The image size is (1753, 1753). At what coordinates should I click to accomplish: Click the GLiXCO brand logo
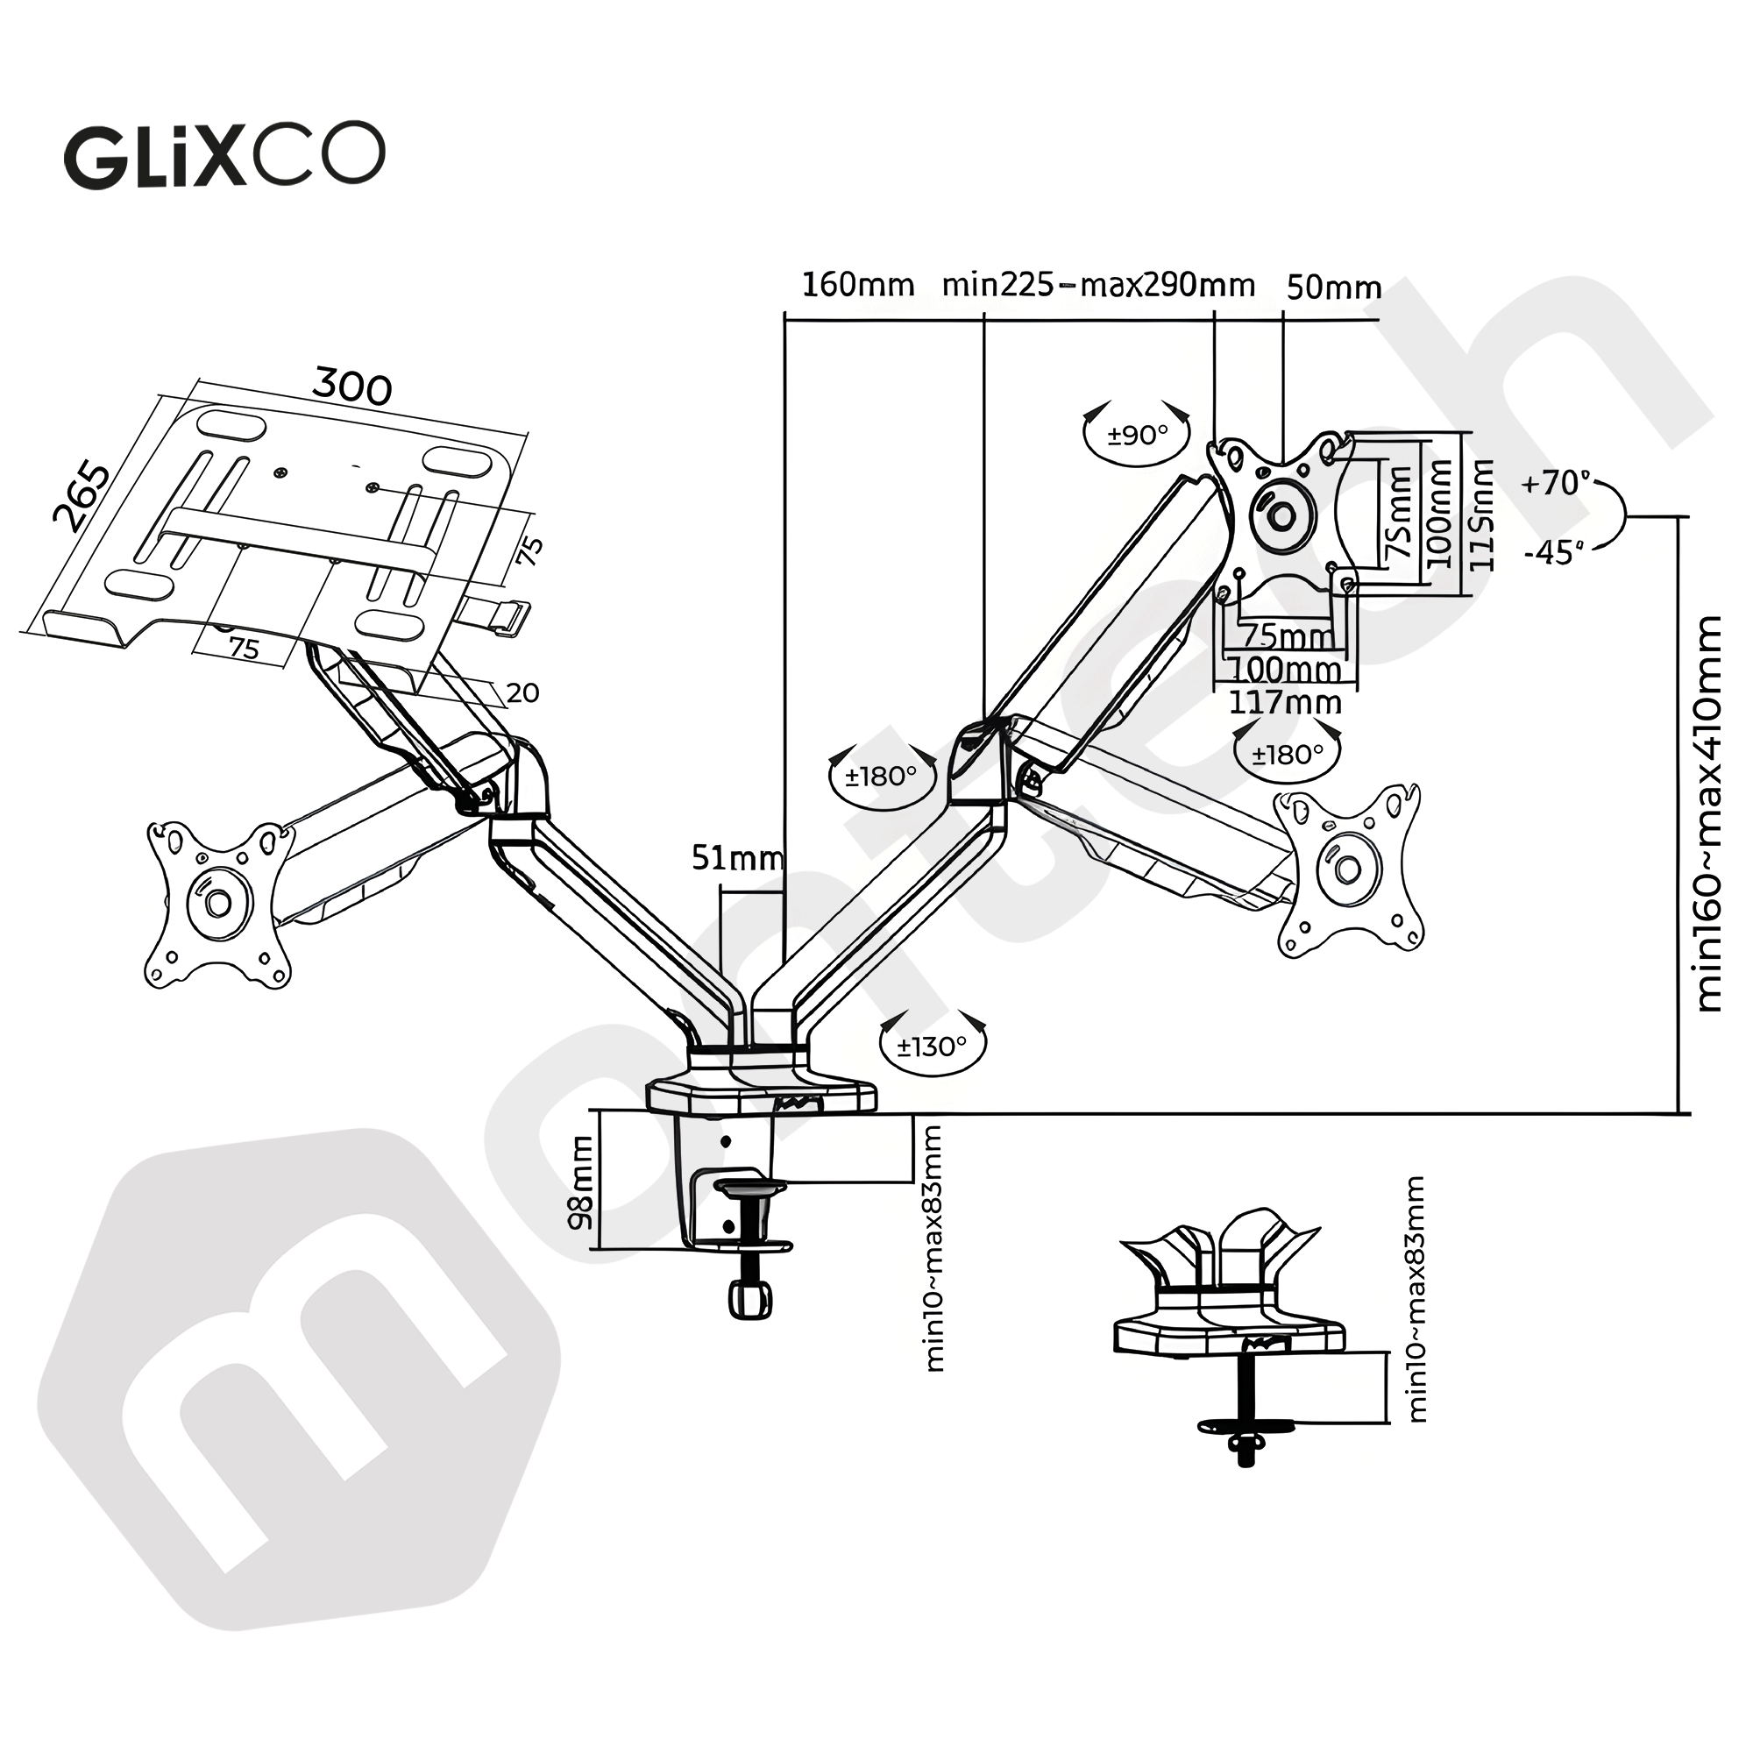coord(224,156)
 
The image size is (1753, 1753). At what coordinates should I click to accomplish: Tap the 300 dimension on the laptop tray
coord(352,387)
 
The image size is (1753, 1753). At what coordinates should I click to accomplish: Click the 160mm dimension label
coord(857,285)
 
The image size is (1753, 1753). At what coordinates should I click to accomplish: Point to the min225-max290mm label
coord(1098,285)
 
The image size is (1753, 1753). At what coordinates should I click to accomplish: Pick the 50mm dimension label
coord(1334,287)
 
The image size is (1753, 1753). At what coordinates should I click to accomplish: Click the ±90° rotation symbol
coord(1137,436)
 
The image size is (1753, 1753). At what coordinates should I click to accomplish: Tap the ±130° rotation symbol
coord(932,1048)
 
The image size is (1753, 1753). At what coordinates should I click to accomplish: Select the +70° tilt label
coord(1556,484)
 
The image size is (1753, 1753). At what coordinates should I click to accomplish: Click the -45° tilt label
coord(1553,552)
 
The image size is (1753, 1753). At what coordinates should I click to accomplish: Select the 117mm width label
coord(1285,702)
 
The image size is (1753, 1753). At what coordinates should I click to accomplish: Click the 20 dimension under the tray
coord(522,693)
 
